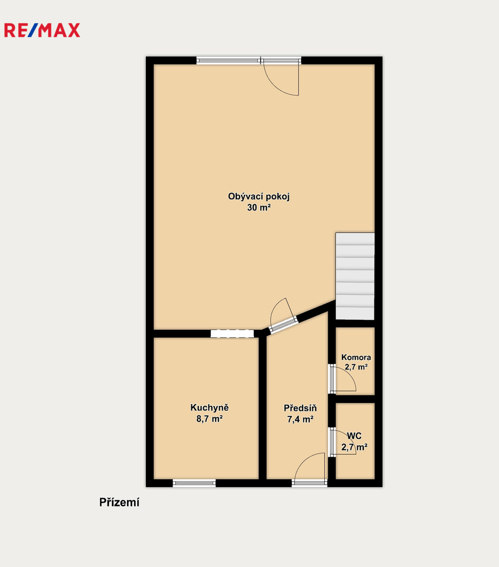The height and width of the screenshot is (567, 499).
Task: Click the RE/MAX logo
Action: tap(42, 30)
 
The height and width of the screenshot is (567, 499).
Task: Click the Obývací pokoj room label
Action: tap(259, 197)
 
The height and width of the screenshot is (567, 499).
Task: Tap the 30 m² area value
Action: tap(259, 207)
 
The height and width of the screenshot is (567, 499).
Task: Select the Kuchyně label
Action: tap(209, 408)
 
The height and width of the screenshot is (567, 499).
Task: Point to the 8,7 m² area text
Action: tap(209, 419)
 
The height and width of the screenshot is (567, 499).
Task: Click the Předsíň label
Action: tap(300, 408)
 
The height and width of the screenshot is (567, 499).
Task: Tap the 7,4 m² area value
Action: tap(300, 419)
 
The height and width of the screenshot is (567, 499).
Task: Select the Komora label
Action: tap(356, 358)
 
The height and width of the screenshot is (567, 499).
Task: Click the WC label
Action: tap(354, 436)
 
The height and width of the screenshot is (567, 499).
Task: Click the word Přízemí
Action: tap(119, 502)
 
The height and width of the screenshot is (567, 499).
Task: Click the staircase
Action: tap(355, 276)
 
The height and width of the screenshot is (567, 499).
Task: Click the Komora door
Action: tap(343, 379)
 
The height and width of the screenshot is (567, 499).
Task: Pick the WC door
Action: tap(343, 443)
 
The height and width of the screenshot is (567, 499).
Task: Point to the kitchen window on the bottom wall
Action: tap(194, 483)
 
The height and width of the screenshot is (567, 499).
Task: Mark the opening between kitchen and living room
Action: tap(232, 333)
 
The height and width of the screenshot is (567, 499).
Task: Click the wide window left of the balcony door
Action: tap(228, 60)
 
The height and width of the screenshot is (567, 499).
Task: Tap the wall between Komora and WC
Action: tap(355, 399)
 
